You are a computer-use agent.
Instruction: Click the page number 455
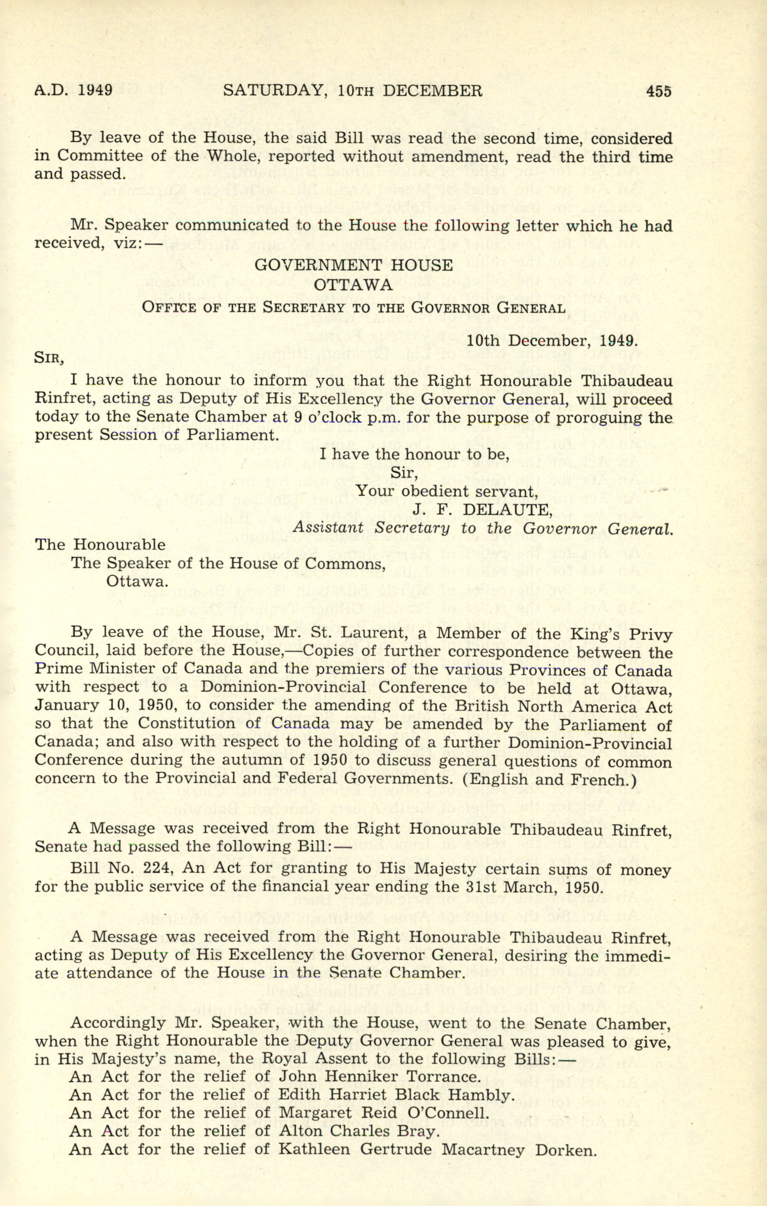[658, 91]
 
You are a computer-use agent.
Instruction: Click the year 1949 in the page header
[95, 91]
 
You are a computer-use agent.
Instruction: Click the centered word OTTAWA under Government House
[353, 285]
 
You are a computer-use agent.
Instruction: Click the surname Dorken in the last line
[566, 1150]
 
